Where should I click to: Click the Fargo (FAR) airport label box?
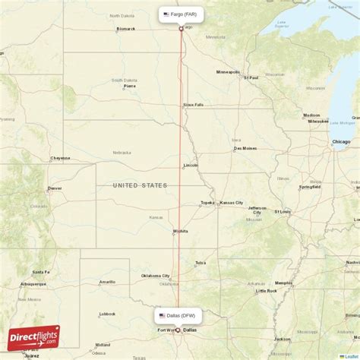(181, 14)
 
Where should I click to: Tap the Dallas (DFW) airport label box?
(178, 314)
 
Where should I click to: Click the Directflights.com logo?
(33, 336)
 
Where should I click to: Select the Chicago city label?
(341, 142)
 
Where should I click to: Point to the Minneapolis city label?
(228, 72)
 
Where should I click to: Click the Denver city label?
(55, 188)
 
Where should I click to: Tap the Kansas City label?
(231, 203)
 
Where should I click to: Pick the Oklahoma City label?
(156, 276)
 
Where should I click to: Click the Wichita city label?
(180, 231)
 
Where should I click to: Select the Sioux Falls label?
(194, 105)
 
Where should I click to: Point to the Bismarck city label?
(126, 30)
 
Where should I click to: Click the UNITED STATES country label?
(140, 185)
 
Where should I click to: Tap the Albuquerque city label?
(33, 284)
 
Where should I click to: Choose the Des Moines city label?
(245, 149)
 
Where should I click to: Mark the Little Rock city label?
(267, 291)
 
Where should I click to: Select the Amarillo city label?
(107, 282)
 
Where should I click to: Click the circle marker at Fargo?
(181, 29)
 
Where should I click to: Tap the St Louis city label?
(283, 212)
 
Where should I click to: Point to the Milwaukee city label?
(339, 121)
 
